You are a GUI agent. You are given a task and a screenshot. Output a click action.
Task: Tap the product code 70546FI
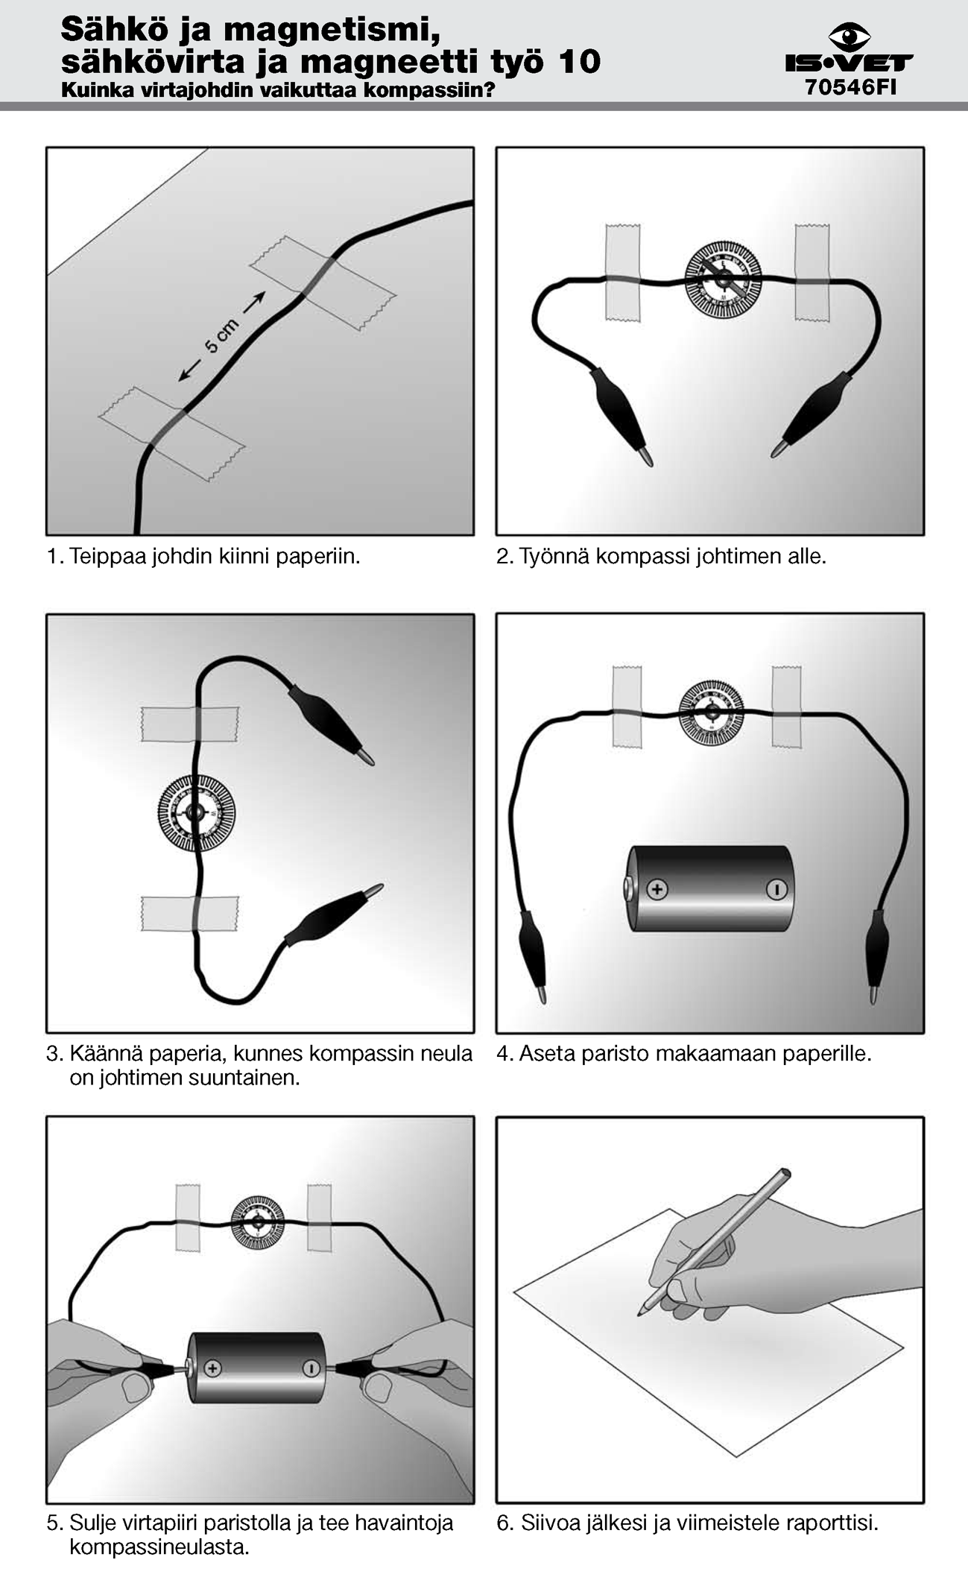coord(850,88)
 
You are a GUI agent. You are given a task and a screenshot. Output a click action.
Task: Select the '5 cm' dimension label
coord(221,336)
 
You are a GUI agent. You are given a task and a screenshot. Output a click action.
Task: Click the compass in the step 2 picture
coord(723,279)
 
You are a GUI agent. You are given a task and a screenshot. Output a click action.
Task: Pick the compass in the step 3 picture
coord(196,812)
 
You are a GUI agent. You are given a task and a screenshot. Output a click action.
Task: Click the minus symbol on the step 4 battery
coord(776,889)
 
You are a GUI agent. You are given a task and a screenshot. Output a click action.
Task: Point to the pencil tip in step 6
coord(639,1314)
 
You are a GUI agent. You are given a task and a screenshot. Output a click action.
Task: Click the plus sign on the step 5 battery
coord(213,1368)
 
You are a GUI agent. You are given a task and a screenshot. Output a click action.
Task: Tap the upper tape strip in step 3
coord(190,724)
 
